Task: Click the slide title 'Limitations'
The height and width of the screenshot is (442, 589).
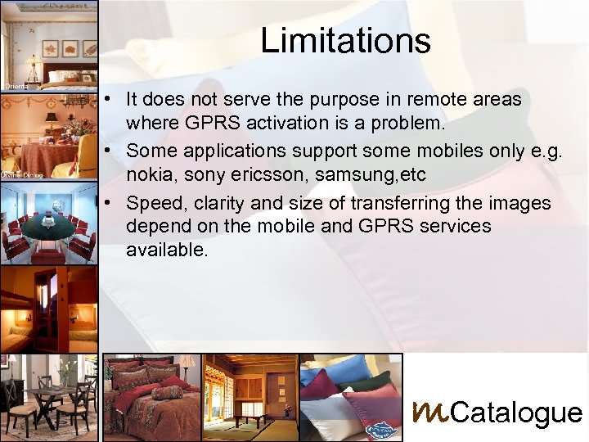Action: [x=345, y=40]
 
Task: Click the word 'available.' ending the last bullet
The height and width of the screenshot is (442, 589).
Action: [x=167, y=250]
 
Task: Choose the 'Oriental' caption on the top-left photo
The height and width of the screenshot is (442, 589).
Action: [x=15, y=85]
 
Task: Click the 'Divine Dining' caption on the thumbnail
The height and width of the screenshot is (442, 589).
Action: [x=21, y=174]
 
